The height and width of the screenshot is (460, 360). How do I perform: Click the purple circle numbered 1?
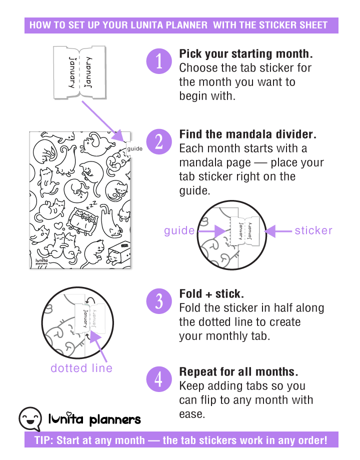click(159, 62)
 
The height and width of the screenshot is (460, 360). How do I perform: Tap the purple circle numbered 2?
click(159, 142)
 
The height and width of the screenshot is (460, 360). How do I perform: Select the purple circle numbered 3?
click(159, 301)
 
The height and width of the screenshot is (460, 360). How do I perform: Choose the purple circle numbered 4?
click(159, 379)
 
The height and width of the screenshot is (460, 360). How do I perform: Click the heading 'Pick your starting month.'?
click(246, 54)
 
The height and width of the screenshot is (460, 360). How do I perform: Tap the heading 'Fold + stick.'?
click(212, 294)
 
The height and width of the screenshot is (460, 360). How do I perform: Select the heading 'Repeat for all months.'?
click(239, 372)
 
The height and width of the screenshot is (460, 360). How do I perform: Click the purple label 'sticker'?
click(313, 230)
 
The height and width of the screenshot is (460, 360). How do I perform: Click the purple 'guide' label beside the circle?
click(179, 230)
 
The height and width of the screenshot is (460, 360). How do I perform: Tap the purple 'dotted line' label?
click(81, 368)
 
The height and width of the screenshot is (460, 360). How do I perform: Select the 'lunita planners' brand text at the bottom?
click(94, 419)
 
